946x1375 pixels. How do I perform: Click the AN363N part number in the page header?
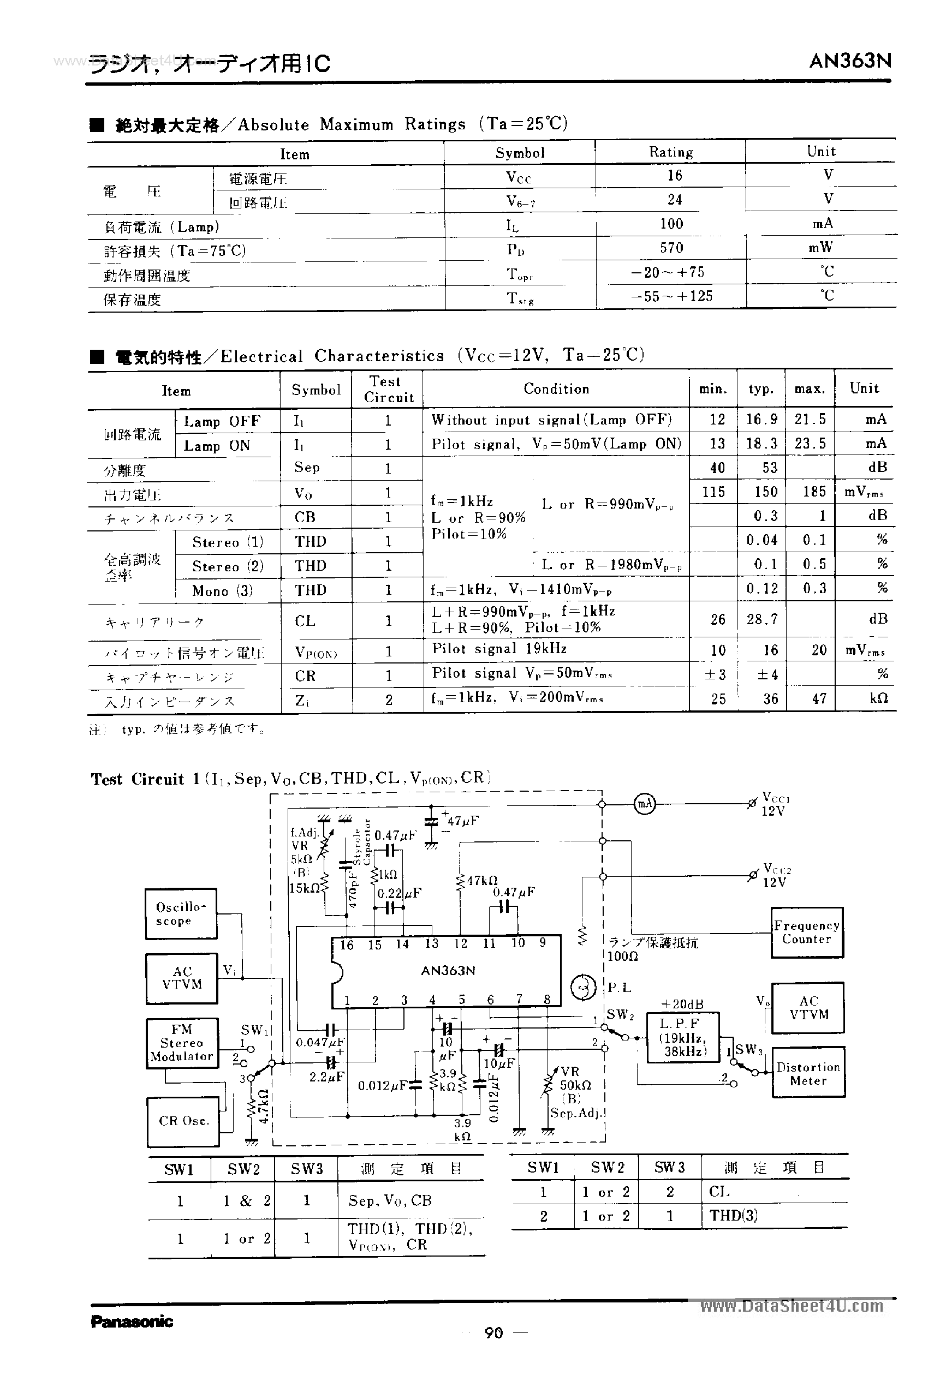click(x=850, y=61)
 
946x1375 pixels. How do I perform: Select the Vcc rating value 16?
click(x=675, y=175)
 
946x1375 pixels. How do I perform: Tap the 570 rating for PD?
click(x=671, y=248)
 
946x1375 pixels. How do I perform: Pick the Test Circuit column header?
click(x=388, y=389)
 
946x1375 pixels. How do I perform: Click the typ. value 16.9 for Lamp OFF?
click(x=761, y=420)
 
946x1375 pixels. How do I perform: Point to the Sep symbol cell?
click(x=306, y=468)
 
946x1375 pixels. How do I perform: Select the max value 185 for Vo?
click(x=814, y=492)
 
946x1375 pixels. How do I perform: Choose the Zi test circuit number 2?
click(x=388, y=700)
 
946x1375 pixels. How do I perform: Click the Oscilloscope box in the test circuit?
click(x=181, y=913)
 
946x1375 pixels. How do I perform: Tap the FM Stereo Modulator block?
click(x=181, y=1043)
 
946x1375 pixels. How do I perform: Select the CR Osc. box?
click(x=183, y=1121)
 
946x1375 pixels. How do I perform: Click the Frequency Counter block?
click(x=806, y=932)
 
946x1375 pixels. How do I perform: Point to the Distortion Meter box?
click(x=808, y=1073)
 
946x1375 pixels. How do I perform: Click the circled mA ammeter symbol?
click(x=644, y=803)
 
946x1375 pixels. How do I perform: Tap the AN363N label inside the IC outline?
click(x=448, y=970)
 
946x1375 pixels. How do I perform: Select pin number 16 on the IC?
click(x=347, y=945)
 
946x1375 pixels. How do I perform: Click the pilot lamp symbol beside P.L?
click(x=582, y=987)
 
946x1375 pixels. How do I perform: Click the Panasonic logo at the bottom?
click(x=132, y=1321)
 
